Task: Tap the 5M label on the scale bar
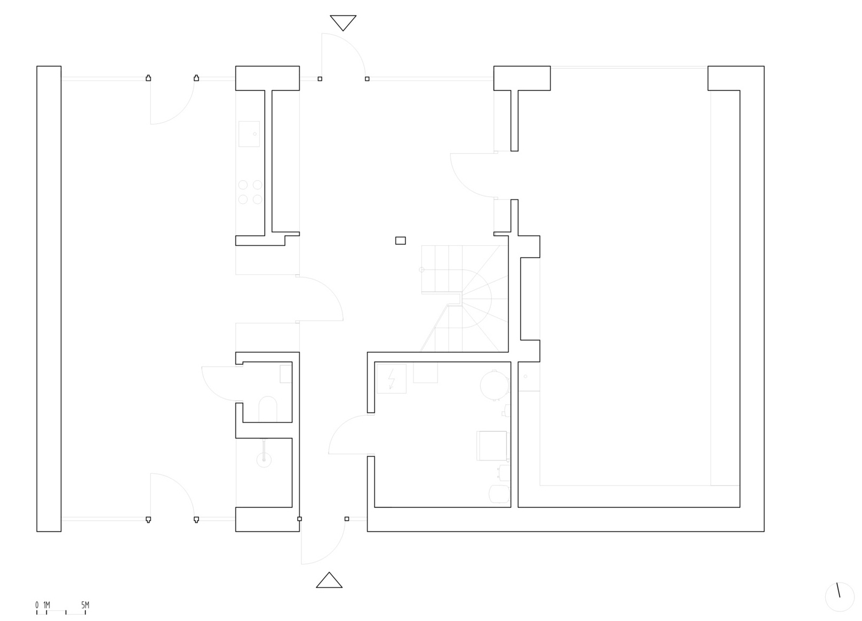85,605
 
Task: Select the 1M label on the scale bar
46,605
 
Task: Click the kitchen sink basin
249,134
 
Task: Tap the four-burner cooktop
250,192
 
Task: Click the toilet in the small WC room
267,409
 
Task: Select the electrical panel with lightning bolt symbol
392,378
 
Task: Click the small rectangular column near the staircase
400,241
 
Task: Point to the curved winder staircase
464,299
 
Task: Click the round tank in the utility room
494,385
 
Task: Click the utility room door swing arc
339,426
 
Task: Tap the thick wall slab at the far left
49,299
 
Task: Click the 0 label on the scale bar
37,605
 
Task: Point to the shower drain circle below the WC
264,460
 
